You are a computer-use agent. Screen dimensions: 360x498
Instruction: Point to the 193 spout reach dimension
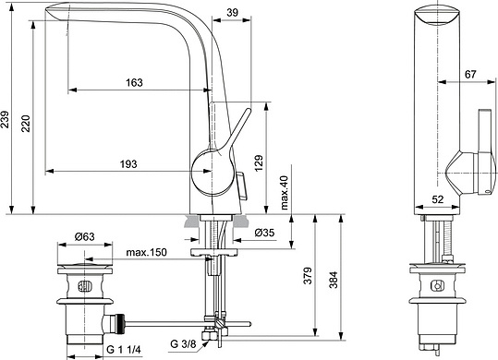point(128,163)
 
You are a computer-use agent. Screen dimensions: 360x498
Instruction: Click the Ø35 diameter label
point(264,233)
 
